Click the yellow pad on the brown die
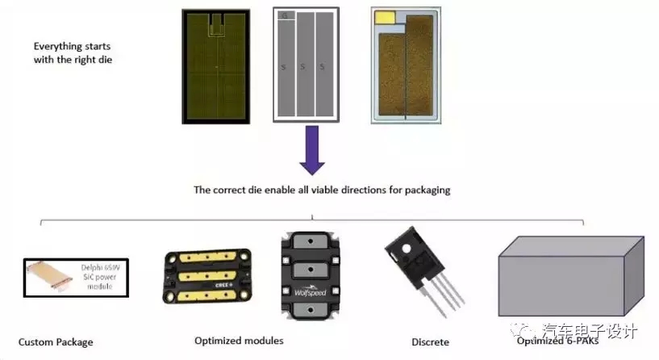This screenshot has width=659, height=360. click(385, 17)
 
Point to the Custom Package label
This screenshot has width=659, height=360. click(56, 342)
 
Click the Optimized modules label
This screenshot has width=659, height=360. click(239, 341)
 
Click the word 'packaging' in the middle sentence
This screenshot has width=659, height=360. click(426, 190)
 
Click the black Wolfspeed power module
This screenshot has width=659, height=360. click(311, 270)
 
